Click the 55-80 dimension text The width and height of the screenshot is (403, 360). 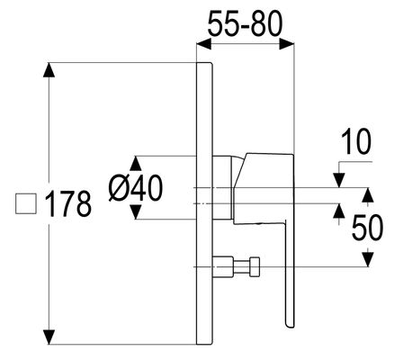click(x=246, y=23)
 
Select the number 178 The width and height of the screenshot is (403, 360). click(x=68, y=204)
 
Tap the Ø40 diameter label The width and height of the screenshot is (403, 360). click(x=136, y=188)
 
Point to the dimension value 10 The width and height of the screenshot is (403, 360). click(x=356, y=141)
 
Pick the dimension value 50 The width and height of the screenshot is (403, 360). click(x=368, y=227)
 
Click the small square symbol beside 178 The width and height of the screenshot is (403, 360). click(x=26, y=203)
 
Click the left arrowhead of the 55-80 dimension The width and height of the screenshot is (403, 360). click(x=204, y=45)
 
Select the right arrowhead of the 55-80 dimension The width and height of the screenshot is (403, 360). click(x=287, y=45)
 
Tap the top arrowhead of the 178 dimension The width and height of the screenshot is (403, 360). click(x=49, y=70)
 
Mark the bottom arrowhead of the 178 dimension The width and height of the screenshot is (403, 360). click(x=49, y=337)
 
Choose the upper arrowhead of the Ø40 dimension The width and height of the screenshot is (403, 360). click(x=136, y=164)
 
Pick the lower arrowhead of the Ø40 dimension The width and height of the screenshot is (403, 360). click(x=136, y=211)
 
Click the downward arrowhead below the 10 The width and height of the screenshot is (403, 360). click(x=339, y=180)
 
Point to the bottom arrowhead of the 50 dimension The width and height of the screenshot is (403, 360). click(x=368, y=259)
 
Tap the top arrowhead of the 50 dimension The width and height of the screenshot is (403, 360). click(x=368, y=195)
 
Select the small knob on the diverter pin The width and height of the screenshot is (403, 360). click(x=255, y=266)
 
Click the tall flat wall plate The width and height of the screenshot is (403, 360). click(x=204, y=203)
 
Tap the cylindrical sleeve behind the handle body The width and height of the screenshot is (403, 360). click(x=222, y=187)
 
